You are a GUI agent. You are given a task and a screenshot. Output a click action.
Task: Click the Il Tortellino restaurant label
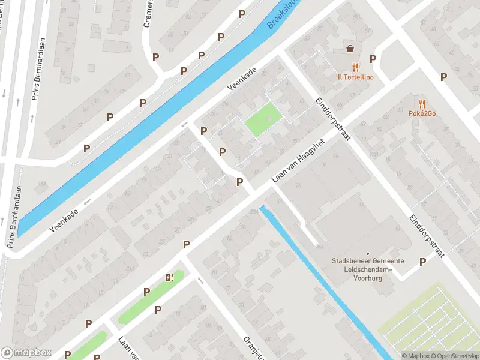coord(355,77)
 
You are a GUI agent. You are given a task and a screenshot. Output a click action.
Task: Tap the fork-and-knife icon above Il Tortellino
coord(355,67)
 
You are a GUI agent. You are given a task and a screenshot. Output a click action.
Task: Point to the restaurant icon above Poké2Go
coord(422,103)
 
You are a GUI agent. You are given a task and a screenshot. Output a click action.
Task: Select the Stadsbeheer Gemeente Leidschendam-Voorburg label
coord(368,269)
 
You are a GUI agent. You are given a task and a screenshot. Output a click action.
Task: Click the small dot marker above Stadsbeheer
coord(368,254)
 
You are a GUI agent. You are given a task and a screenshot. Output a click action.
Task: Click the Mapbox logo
coord(26,353)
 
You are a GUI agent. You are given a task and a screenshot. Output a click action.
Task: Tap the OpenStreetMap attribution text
coord(454,356)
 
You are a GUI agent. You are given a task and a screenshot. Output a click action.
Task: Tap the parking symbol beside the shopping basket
coord(373,59)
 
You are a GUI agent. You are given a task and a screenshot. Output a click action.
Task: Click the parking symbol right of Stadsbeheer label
coord(422,262)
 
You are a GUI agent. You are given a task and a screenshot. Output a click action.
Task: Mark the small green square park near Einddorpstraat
coord(263,119)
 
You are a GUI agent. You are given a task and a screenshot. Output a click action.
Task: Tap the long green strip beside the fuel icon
coord(150,297)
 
